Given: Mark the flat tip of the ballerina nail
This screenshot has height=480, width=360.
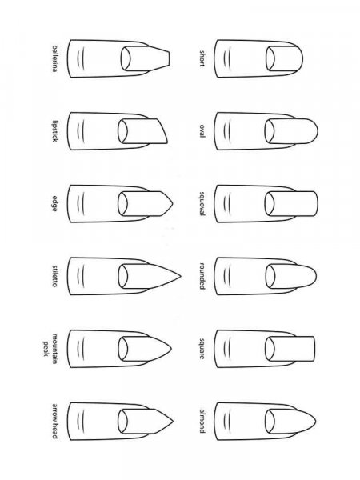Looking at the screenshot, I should [170, 58].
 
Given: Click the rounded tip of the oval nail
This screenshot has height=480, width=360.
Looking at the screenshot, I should [318, 131].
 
